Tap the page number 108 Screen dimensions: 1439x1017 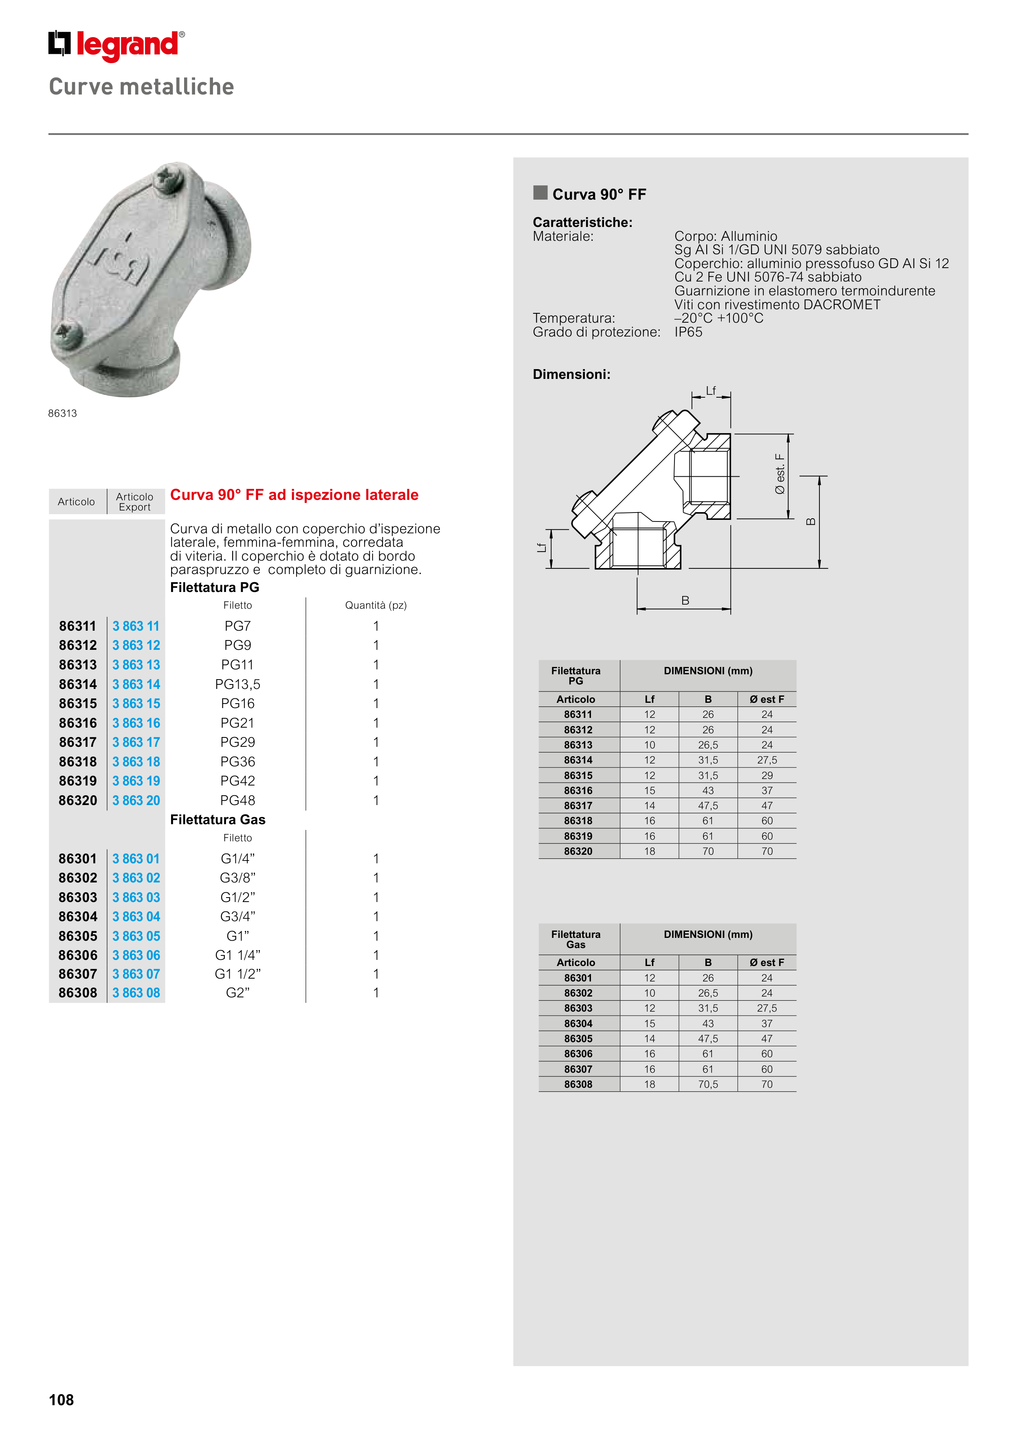click(x=62, y=1399)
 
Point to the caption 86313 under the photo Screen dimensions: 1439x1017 click(x=63, y=413)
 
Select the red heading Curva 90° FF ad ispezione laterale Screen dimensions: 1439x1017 click(x=294, y=495)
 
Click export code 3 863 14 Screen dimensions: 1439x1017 click(x=136, y=684)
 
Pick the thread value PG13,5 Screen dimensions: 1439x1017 click(x=237, y=684)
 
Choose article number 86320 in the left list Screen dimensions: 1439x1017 click(x=78, y=800)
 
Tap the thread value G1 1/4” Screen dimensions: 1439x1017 click(x=237, y=955)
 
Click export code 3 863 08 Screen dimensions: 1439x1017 click(x=136, y=993)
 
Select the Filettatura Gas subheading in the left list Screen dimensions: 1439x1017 click(x=217, y=820)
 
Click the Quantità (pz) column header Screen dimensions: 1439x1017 click(x=376, y=605)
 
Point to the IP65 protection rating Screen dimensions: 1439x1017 click(x=688, y=332)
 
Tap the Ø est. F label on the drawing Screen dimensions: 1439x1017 click(x=780, y=474)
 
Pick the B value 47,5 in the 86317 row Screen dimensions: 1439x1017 click(x=708, y=806)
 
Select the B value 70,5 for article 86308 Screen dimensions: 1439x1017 click(x=708, y=1084)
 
